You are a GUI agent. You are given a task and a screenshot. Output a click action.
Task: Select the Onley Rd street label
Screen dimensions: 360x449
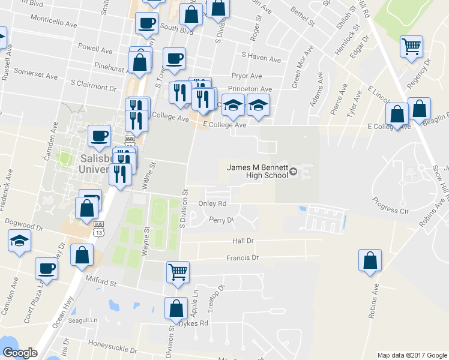point(212,204)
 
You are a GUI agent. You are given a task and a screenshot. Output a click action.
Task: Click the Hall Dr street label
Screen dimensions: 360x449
point(243,241)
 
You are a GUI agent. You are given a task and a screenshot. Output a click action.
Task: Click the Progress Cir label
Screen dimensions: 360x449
point(394,205)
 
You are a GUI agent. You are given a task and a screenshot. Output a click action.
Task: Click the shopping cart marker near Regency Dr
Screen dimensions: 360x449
point(411,46)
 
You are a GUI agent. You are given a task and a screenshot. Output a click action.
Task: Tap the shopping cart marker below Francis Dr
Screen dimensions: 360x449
point(178,271)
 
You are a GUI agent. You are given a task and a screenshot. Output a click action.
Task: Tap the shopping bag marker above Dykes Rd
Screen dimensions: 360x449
point(175,308)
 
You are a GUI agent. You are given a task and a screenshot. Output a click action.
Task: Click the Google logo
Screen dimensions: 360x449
point(20,353)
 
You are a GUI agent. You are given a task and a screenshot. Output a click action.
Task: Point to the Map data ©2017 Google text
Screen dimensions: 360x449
point(411,355)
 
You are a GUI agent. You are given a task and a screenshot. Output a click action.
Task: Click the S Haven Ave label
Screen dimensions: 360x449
point(261,59)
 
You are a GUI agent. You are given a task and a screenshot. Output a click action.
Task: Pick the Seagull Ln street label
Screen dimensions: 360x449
point(85,320)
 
